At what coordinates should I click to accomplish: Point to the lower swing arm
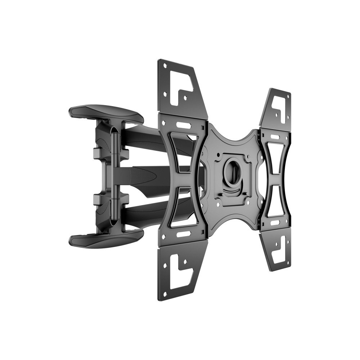[151, 209]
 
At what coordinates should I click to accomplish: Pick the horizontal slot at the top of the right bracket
[275, 137]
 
